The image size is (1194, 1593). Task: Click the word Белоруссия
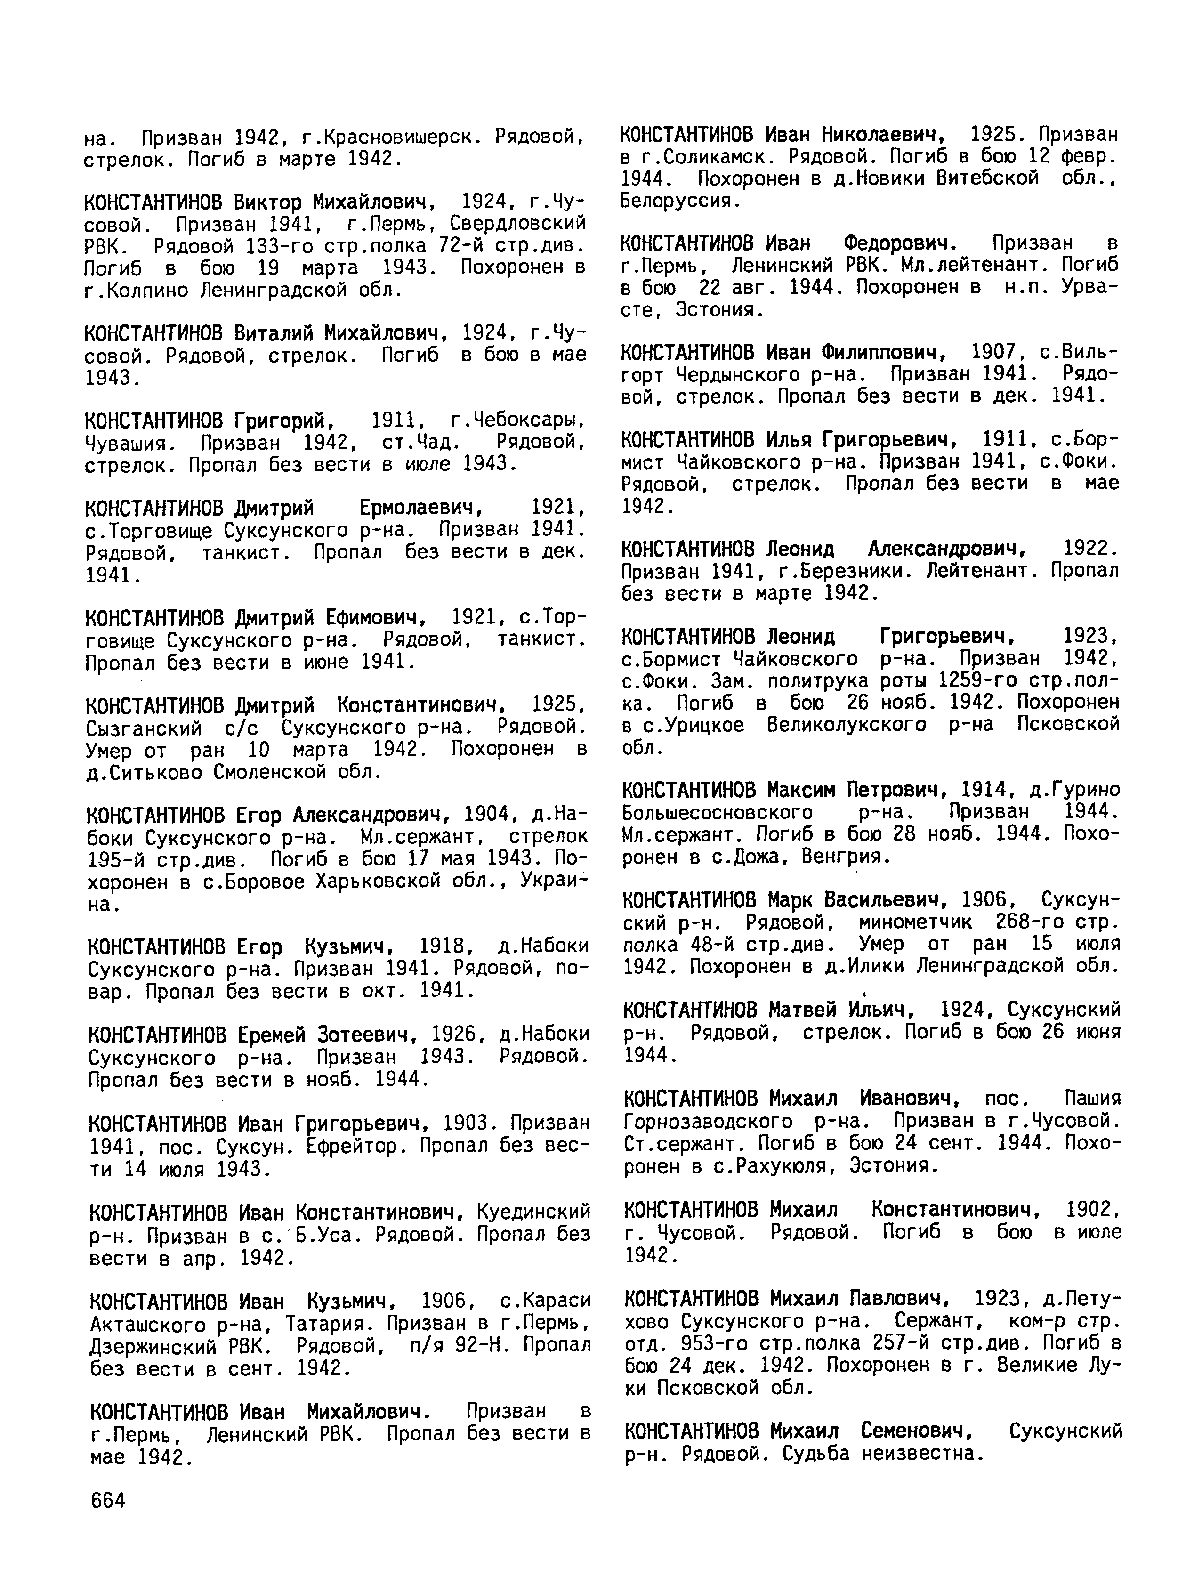(x=679, y=201)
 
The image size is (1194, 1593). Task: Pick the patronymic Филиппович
(x=882, y=353)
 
